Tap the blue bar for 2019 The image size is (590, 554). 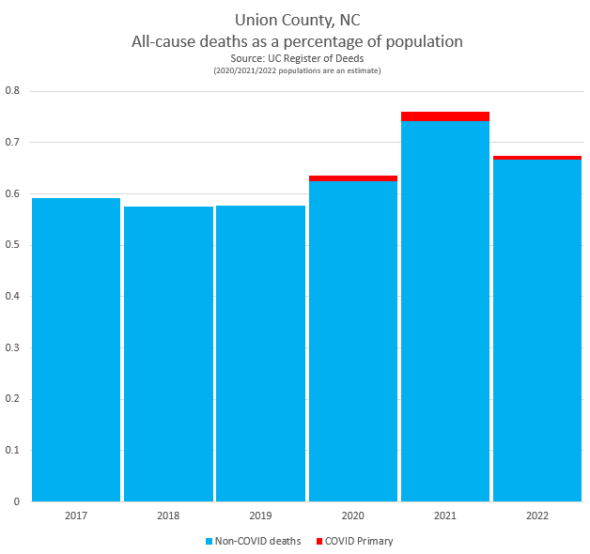tap(260, 353)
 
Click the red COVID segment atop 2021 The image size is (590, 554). tap(445, 116)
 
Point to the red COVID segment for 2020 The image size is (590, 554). tap(353, 178)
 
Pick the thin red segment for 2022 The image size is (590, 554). tap(537, 158)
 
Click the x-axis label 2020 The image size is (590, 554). tap(353, 516)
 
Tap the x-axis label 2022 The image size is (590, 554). tap(537, 516)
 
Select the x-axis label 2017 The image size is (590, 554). tap(76, 516)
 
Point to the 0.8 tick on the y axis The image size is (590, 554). tap(12, 91)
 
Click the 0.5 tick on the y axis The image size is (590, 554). tap(12, 245)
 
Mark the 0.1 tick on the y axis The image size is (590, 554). tap(12, 450)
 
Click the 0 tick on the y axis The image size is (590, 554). tap(17, 501)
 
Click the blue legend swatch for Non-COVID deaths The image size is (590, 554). tap(209, 542)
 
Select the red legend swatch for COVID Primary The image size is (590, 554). tap(319, 542)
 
